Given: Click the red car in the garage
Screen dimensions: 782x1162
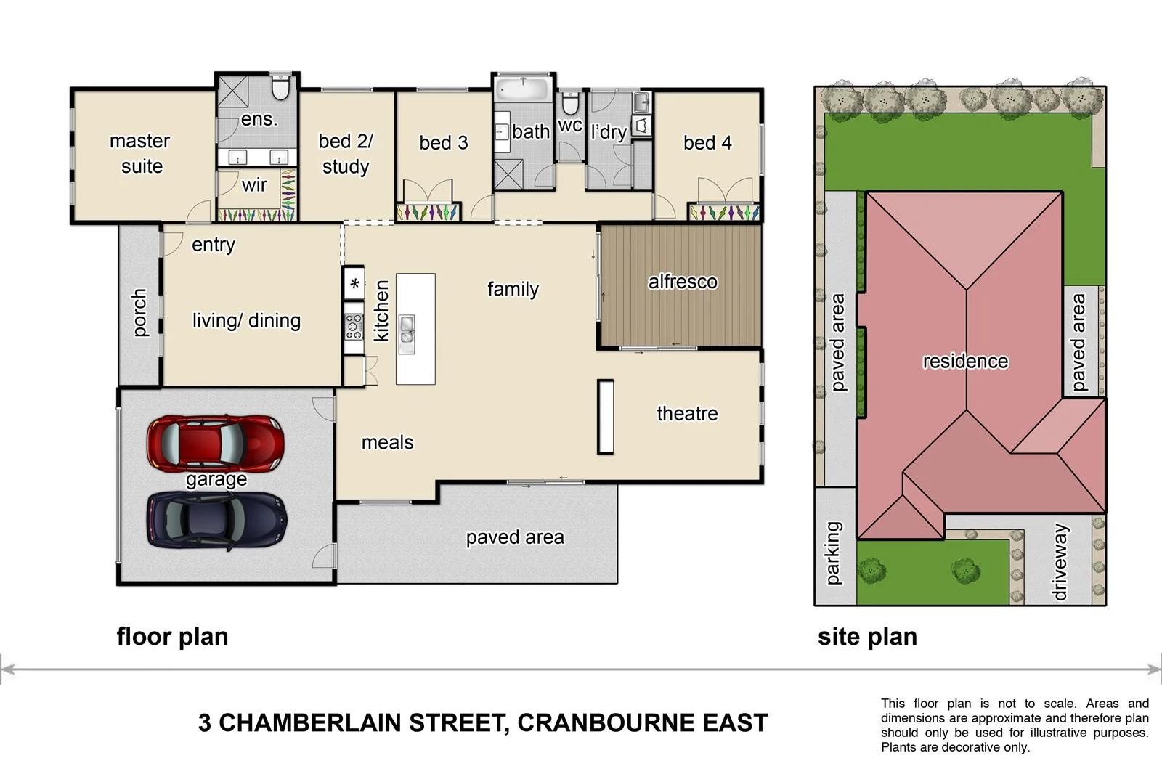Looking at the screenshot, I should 214,442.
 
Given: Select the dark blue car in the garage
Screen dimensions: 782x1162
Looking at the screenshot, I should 216,521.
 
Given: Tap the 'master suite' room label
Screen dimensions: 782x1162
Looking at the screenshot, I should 140,153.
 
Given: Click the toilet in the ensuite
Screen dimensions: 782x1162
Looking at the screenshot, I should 280,89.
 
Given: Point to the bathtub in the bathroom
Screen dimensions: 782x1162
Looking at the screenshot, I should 523,90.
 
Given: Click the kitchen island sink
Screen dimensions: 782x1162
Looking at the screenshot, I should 407,334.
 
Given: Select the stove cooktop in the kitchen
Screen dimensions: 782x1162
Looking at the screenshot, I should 354,327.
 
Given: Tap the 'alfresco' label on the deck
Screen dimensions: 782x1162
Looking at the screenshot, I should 682,282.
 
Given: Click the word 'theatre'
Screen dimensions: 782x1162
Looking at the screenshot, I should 687,413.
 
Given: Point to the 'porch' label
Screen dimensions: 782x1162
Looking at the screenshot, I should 139,313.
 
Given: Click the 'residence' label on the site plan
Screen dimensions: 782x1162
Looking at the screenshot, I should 965,361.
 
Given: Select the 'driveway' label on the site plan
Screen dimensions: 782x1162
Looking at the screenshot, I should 1060,563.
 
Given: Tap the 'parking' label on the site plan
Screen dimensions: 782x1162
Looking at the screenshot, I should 833,553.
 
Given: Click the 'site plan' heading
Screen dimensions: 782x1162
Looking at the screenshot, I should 867,637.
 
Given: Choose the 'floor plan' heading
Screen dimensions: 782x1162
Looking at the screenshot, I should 172,637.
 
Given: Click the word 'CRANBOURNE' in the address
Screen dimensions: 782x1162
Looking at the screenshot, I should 606,723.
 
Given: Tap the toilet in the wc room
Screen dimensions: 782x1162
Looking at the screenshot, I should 571,103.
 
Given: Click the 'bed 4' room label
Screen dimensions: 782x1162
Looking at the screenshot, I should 707,143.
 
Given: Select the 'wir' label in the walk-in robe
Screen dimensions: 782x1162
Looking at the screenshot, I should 254,185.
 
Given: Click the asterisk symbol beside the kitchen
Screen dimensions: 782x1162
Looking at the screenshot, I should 354,284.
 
